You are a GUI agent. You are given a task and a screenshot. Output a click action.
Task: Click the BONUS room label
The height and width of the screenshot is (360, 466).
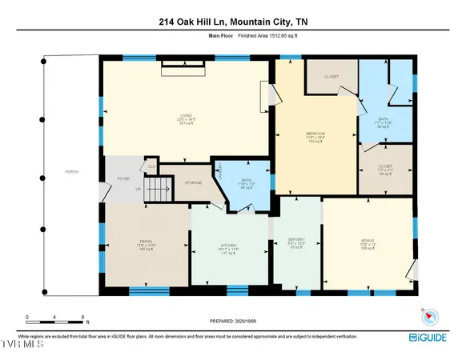point(368,240)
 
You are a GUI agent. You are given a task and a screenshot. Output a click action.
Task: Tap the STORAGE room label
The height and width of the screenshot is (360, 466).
point(193,182)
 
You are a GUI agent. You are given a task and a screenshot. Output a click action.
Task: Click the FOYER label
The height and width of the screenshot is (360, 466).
point(124,179)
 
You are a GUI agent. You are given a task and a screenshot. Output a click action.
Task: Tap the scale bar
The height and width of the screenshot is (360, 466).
point(56,323)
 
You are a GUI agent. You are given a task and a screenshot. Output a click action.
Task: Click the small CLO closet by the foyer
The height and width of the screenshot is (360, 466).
point(151,166)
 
